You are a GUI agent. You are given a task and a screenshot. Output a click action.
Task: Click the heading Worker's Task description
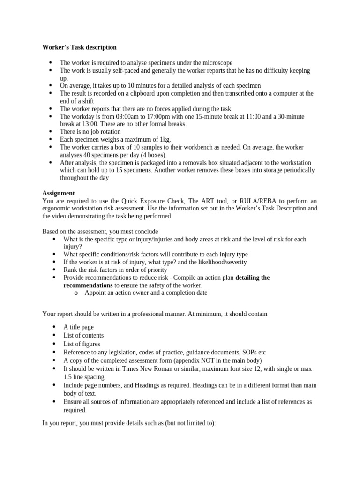[79, 47]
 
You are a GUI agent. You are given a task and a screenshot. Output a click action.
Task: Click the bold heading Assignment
[59, 193]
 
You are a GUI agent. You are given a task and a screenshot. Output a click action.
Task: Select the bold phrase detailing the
[252, 277]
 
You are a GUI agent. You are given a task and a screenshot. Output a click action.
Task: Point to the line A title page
[79, 327]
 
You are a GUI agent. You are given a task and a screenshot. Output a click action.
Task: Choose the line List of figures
[82, 344]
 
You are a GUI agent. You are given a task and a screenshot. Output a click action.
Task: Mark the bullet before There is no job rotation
[51, 132]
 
